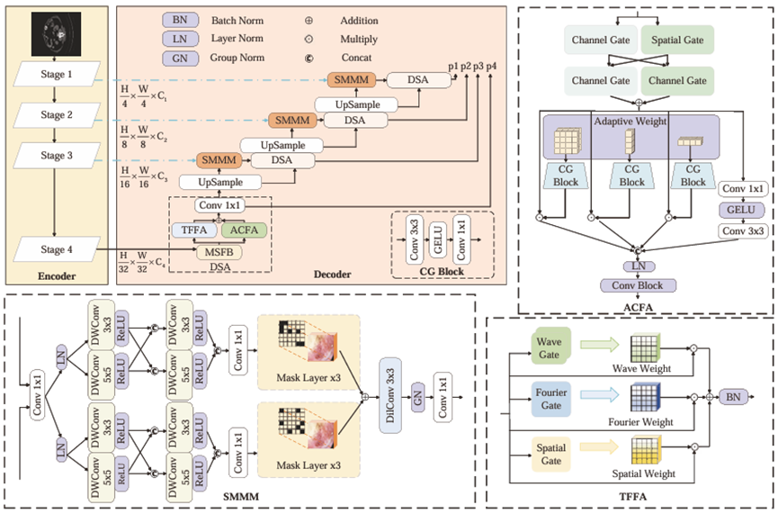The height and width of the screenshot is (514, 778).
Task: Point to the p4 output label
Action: pyautogui.click(x=492, y=68)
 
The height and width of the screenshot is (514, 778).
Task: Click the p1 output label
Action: pyautogui.click(x=453, y=68)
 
